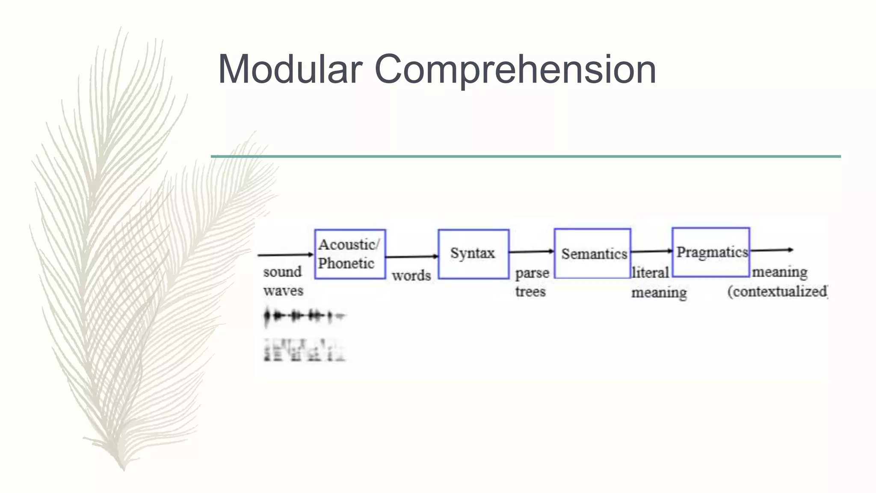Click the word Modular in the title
(290, 69)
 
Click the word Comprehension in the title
(515, 69)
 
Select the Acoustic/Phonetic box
(350, 254)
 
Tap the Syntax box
(474, 254)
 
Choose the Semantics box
(592, 254)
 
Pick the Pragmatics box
(711, 252)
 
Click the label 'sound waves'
(283, 281)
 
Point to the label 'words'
(411, 276)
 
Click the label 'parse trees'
(532, 282)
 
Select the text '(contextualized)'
(777, 291)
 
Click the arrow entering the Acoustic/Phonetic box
(286, 255)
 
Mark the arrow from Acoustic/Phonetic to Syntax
(411, 257)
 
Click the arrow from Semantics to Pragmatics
(651, 251)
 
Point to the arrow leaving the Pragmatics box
(771, 250)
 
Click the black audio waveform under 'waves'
(304, 317)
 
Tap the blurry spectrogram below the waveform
(304, 350)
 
